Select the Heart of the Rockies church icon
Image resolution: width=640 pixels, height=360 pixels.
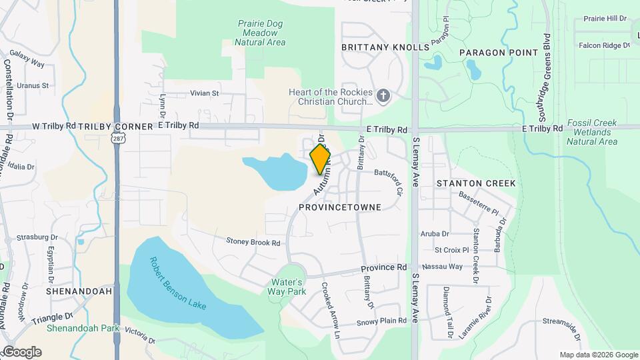[383, 95]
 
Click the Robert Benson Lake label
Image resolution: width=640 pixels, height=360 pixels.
[178, 283]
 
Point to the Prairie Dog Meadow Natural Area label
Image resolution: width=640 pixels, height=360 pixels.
[261, 33]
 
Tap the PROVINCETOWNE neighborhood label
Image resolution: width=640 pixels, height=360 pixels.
[340, 207]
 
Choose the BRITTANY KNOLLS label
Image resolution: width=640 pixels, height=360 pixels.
[385, 47]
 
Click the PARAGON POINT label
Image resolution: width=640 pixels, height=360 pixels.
[498, 53]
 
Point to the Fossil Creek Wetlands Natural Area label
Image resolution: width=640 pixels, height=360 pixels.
[592, 133]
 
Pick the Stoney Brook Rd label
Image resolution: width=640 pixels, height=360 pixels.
[253, 242]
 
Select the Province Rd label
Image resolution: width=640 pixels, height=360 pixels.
[384, 268]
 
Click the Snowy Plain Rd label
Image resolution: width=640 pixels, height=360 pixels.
[381, 321]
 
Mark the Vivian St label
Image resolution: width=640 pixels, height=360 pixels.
[205, 93]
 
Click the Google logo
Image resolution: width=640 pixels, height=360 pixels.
[22, 352]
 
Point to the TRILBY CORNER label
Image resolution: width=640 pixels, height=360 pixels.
[107, 126]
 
